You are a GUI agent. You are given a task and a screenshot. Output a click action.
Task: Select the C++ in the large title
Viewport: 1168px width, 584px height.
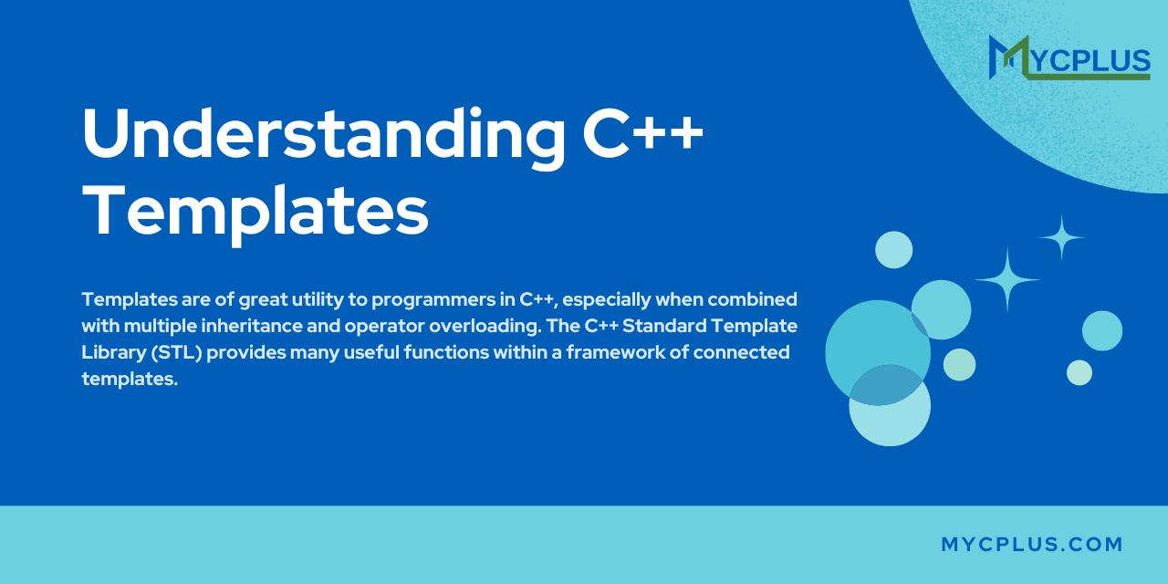tap(643, 133)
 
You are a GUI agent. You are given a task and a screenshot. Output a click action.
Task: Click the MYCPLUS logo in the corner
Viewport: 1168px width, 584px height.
tap(1069, 57)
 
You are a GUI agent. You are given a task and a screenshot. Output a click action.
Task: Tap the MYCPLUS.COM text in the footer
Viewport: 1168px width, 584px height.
tap(1032, 545)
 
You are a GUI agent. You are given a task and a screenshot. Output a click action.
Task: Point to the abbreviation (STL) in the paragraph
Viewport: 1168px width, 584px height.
tap(177, 352)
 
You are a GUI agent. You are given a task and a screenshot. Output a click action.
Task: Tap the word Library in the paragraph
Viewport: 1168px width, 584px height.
tap(114, 353)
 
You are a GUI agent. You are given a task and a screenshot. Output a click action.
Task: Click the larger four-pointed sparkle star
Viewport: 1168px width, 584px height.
tap(1006, 280)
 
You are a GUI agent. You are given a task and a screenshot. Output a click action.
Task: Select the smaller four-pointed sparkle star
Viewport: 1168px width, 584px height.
tap(1061, 238)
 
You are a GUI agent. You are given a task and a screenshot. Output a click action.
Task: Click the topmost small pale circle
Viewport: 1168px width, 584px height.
tap(893, 250)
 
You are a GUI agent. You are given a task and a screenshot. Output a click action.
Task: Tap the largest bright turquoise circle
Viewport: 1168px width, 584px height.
tap(878, 353)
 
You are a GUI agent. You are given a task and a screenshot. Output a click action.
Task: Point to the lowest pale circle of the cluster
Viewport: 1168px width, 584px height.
tap(890, 406)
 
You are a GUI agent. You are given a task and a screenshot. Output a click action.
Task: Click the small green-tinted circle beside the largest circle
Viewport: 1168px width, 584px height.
tap(959, 365)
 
